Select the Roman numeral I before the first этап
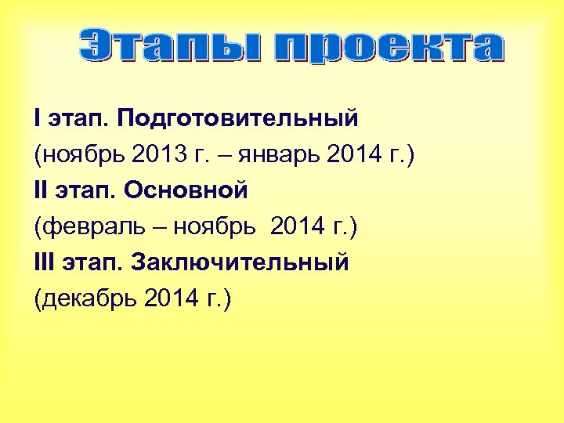click(37, 118)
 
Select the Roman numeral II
click(41, 190)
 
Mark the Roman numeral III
click(45, 262)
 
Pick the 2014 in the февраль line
click(298, 226)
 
